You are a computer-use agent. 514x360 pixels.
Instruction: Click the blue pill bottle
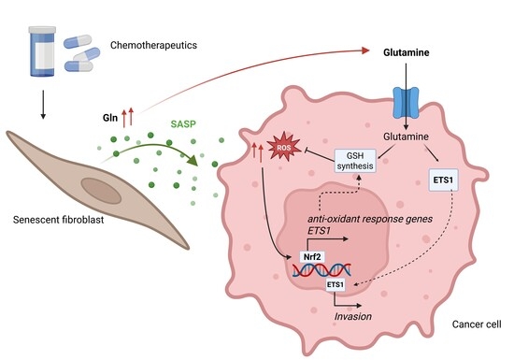[x=42, y=51]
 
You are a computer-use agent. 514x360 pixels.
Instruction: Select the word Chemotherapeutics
[x=153, y=45]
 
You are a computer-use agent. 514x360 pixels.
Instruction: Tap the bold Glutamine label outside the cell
[x=407, y=52]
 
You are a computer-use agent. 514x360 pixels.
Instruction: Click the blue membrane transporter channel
[x=406, y=103]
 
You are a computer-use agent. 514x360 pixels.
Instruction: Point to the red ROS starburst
[x=284, y=148]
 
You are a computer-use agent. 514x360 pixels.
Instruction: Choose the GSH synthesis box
[x=355, y=161]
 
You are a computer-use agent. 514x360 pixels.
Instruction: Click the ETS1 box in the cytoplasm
[x=444, y=180]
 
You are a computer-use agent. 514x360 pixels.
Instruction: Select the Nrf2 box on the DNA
[x=312, y=256]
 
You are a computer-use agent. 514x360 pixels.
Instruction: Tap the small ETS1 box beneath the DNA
[x=336, y=284]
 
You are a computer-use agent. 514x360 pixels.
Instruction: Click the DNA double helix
[x=321, y=270]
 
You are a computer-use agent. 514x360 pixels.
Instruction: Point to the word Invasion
[x=353, y=316]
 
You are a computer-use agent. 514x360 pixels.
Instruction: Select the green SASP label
[x=183, y=124]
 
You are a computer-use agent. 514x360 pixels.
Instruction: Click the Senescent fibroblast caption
[x=58, y=220]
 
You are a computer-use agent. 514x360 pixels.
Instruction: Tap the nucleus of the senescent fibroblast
[x=102, y=191]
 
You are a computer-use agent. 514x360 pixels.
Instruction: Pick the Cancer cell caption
[x=477, y=324]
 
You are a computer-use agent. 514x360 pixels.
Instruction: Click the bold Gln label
[x=110, y=118]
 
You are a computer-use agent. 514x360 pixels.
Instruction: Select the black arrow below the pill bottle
[x=43, y=105]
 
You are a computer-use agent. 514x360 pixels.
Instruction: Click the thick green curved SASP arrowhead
[x=193, y=159]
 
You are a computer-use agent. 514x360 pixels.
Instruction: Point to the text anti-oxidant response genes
[x=370, y=219]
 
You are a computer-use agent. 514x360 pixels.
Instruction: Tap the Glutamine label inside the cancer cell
[x=406, y=137]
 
